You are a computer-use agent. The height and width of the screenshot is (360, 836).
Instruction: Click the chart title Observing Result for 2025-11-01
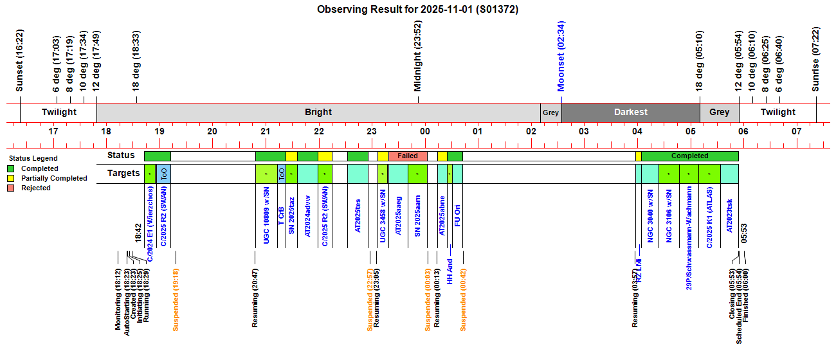point(418,10)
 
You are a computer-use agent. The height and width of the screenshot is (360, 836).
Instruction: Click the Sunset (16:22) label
point(19,61)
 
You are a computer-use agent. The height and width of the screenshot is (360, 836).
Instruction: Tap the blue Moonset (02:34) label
point(561,56)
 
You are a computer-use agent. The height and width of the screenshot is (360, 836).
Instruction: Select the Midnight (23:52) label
point(418,56)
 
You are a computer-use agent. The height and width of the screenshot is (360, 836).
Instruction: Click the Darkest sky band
point(630,112)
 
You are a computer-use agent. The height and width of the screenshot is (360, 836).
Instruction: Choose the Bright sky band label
point(318,112)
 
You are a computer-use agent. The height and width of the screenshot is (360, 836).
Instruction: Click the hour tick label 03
point(583,131)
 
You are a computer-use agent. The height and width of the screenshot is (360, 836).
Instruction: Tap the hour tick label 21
point(265,131)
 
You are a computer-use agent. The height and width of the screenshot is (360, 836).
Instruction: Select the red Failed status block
point(408,156)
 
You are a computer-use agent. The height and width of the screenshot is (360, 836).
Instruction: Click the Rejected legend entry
point(36,188)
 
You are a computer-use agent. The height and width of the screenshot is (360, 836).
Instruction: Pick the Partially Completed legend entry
point(54,178)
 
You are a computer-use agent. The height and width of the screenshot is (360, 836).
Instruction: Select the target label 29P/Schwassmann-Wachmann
point(689,238)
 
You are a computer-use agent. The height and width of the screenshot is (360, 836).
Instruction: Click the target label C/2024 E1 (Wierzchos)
point(150,224)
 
